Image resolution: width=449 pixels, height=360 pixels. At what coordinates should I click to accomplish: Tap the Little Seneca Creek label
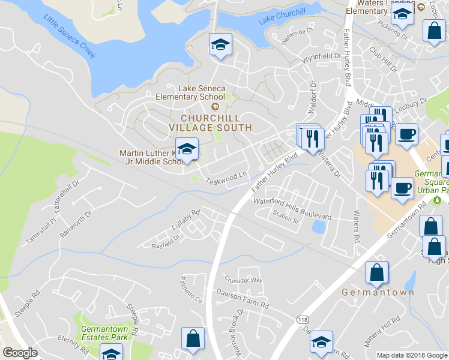tap(70, 37)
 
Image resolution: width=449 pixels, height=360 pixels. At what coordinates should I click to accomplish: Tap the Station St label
tap(286, 220)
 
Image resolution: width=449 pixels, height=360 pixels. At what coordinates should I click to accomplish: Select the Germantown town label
tap(378, 292)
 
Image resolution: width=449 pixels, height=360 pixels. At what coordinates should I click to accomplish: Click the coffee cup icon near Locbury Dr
tap(406, 134)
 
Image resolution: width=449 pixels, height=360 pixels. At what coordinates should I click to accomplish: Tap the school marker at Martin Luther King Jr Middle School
tap(187, 149)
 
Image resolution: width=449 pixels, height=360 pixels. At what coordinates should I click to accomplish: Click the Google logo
tap(20, 353)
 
